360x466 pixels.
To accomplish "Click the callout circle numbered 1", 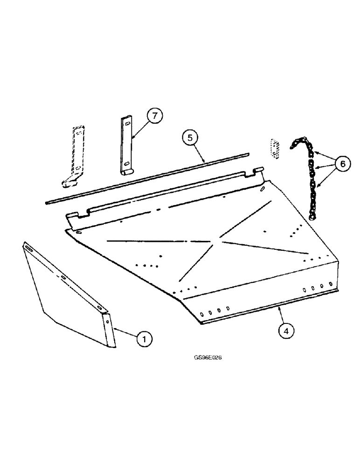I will [145, 340].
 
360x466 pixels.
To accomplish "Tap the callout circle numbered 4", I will [286, 331].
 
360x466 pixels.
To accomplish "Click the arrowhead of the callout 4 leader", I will [278, 307].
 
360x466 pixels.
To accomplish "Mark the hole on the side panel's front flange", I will [107, 322].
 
